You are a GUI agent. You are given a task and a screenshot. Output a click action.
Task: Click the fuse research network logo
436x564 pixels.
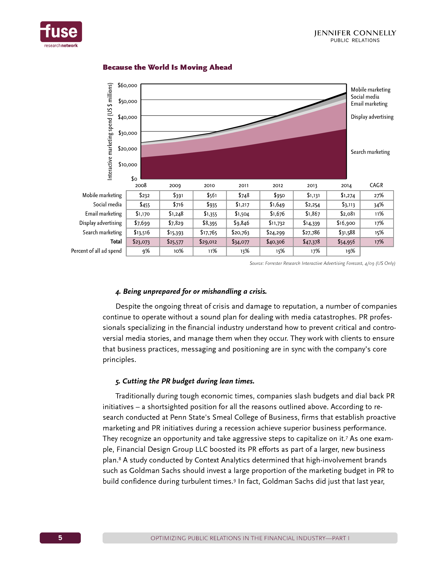(61, 34)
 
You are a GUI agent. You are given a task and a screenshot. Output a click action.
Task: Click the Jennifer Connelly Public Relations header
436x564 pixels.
(355, 36)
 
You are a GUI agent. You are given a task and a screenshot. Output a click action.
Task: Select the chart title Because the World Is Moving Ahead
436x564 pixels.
(167, 67)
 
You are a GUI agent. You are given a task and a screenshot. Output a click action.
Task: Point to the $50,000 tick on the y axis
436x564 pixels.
(128, 101)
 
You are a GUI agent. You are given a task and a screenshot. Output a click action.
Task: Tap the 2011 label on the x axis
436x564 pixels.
(243, 185)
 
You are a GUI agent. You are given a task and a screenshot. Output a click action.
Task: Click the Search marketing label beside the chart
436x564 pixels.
(370, 152)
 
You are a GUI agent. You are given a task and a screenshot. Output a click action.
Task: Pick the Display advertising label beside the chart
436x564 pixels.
(372, 117)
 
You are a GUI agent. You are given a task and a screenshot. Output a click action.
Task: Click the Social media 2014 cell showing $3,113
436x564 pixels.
(348, 205)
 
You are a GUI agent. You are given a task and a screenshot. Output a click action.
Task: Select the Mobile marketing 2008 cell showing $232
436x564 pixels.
(144, 196)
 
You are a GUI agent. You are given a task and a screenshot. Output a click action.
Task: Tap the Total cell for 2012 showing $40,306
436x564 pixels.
(276, 242)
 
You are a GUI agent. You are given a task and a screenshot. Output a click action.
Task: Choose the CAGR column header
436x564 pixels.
(376, 185)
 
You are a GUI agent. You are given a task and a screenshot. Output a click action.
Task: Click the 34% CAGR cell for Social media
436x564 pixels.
(379, 205)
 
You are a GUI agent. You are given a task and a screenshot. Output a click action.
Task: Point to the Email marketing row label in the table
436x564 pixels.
(103, 214)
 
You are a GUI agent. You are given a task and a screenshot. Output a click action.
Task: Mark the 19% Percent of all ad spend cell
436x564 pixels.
(350, 251)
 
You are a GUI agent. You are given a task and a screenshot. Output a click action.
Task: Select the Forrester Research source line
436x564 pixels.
(322, 263)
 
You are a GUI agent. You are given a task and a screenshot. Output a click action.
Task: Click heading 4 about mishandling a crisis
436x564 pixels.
(191, 291)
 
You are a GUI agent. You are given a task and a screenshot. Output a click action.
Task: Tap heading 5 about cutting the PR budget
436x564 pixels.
(185, 381)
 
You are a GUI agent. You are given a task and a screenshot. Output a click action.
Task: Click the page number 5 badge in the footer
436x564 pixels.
(60, 538)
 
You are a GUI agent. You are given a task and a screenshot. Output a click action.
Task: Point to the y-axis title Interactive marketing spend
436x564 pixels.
(110, 132)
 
